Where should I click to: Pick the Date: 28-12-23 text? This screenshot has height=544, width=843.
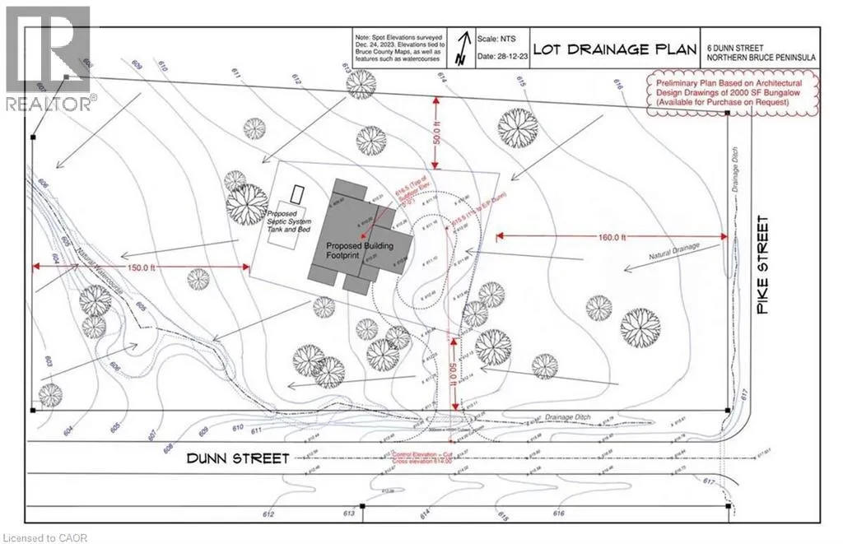499,57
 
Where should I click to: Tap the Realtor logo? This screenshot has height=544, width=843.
47,58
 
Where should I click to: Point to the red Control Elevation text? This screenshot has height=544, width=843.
428,454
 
